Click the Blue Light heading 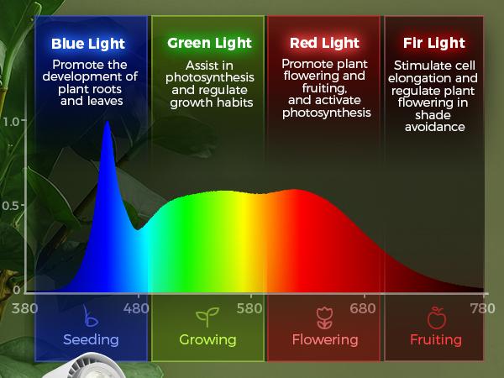(x=87, y=44)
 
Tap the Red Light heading (x=325, y=43)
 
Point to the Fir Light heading (x=433, y=43)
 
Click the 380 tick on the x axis (x=26, y=308)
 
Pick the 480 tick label (x=139, y=308)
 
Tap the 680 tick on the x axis (x=364, y=308)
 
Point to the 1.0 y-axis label (x=12, y=120)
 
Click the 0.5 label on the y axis (x=12, y=205)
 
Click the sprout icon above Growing (x=207, y=318)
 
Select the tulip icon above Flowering (x=324, y=318)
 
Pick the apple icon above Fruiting (x=436, y=318)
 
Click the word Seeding (x=91, y=340)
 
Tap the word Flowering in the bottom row (x=324, y=340)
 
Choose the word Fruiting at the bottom (x=436, y=340)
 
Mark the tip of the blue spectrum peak (x=107, y=123)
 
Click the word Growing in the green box (x=207, y=340)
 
